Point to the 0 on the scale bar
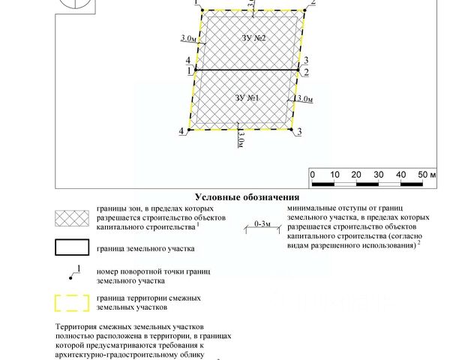tap(312, 174)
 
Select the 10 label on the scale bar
tap(334, 174)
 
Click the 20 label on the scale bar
tap(356, 174)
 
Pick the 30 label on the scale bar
tap(379, 174)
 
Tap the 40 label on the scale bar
tap(400, 174)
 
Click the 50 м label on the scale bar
tap(426, 174)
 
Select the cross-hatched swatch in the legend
tap(73, 217)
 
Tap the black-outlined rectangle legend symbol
tap(73, 248)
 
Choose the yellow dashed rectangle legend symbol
tap(73, 303)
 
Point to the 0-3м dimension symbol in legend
tap(262, 224)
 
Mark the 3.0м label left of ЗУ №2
tap(189, 38)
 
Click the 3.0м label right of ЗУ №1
tap(304, 99)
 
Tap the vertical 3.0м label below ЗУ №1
tap(240, 139)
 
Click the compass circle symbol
tap(76, 4)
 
